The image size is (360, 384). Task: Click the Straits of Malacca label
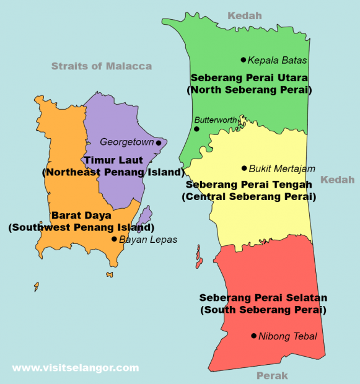coord(101,66)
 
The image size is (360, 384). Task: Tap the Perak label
coord(272,375)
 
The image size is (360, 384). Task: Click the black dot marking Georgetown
coord(159,142)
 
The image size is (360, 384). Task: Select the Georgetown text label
coord(126,142)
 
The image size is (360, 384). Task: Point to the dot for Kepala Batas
coord(244,60)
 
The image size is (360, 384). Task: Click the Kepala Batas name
coord(277,61)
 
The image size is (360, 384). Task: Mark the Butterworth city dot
coord(196,129)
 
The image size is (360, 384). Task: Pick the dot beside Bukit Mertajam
coord(244,168)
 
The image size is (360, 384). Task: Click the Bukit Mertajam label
coord(282,168)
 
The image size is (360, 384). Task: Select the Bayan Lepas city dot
coord(114,239)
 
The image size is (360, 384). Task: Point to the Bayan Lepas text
coord(148,240)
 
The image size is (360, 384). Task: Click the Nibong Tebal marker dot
coord(253,336)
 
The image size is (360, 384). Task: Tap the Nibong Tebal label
coord(288,336)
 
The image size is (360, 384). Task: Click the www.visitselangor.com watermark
coord(76,368)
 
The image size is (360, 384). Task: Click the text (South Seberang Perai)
coord(263,309)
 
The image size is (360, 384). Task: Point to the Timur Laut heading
coord(113,160)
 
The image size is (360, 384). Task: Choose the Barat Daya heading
coord(81,216)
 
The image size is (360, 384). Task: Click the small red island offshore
coord(199,257)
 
